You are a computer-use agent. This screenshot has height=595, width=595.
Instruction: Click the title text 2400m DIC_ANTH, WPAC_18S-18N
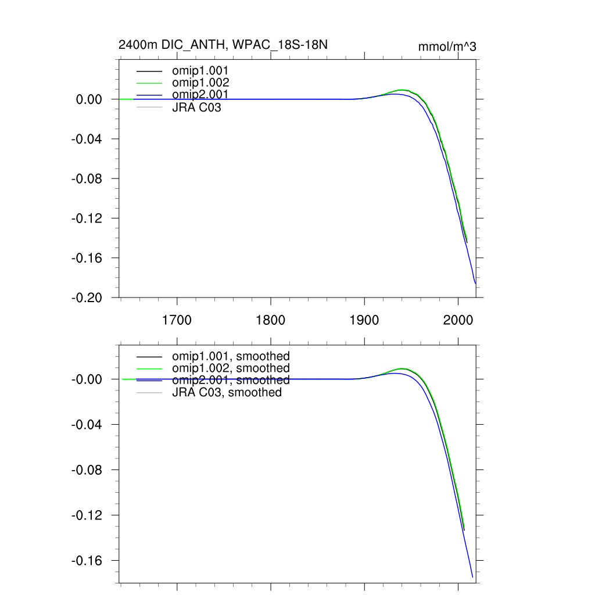click(x=227, y=45)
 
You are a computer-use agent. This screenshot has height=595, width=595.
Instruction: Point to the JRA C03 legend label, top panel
click(x=196, y=107)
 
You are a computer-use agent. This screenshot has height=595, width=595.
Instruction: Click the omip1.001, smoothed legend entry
click(x=231, y=356)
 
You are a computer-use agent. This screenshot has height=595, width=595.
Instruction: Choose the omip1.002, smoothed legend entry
click(x=231, y=368)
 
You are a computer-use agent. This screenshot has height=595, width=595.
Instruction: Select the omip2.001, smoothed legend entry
click(x=231, y=380)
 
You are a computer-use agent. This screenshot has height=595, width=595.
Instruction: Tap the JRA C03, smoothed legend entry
click(x=227, y=392)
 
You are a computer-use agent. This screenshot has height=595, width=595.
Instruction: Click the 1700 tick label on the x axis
click(x=177, y=320)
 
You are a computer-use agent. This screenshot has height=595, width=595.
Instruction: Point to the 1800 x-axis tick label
click(x=271, y=320)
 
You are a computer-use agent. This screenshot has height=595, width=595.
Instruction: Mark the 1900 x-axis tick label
click(x=364, y=320)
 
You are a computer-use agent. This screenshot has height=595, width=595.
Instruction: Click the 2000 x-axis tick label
click(x=458, y=320)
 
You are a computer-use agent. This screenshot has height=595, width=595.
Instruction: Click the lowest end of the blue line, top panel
click(x=475, y=284)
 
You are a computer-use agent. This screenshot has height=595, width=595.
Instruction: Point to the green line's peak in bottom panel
click(x=402, y=368)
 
